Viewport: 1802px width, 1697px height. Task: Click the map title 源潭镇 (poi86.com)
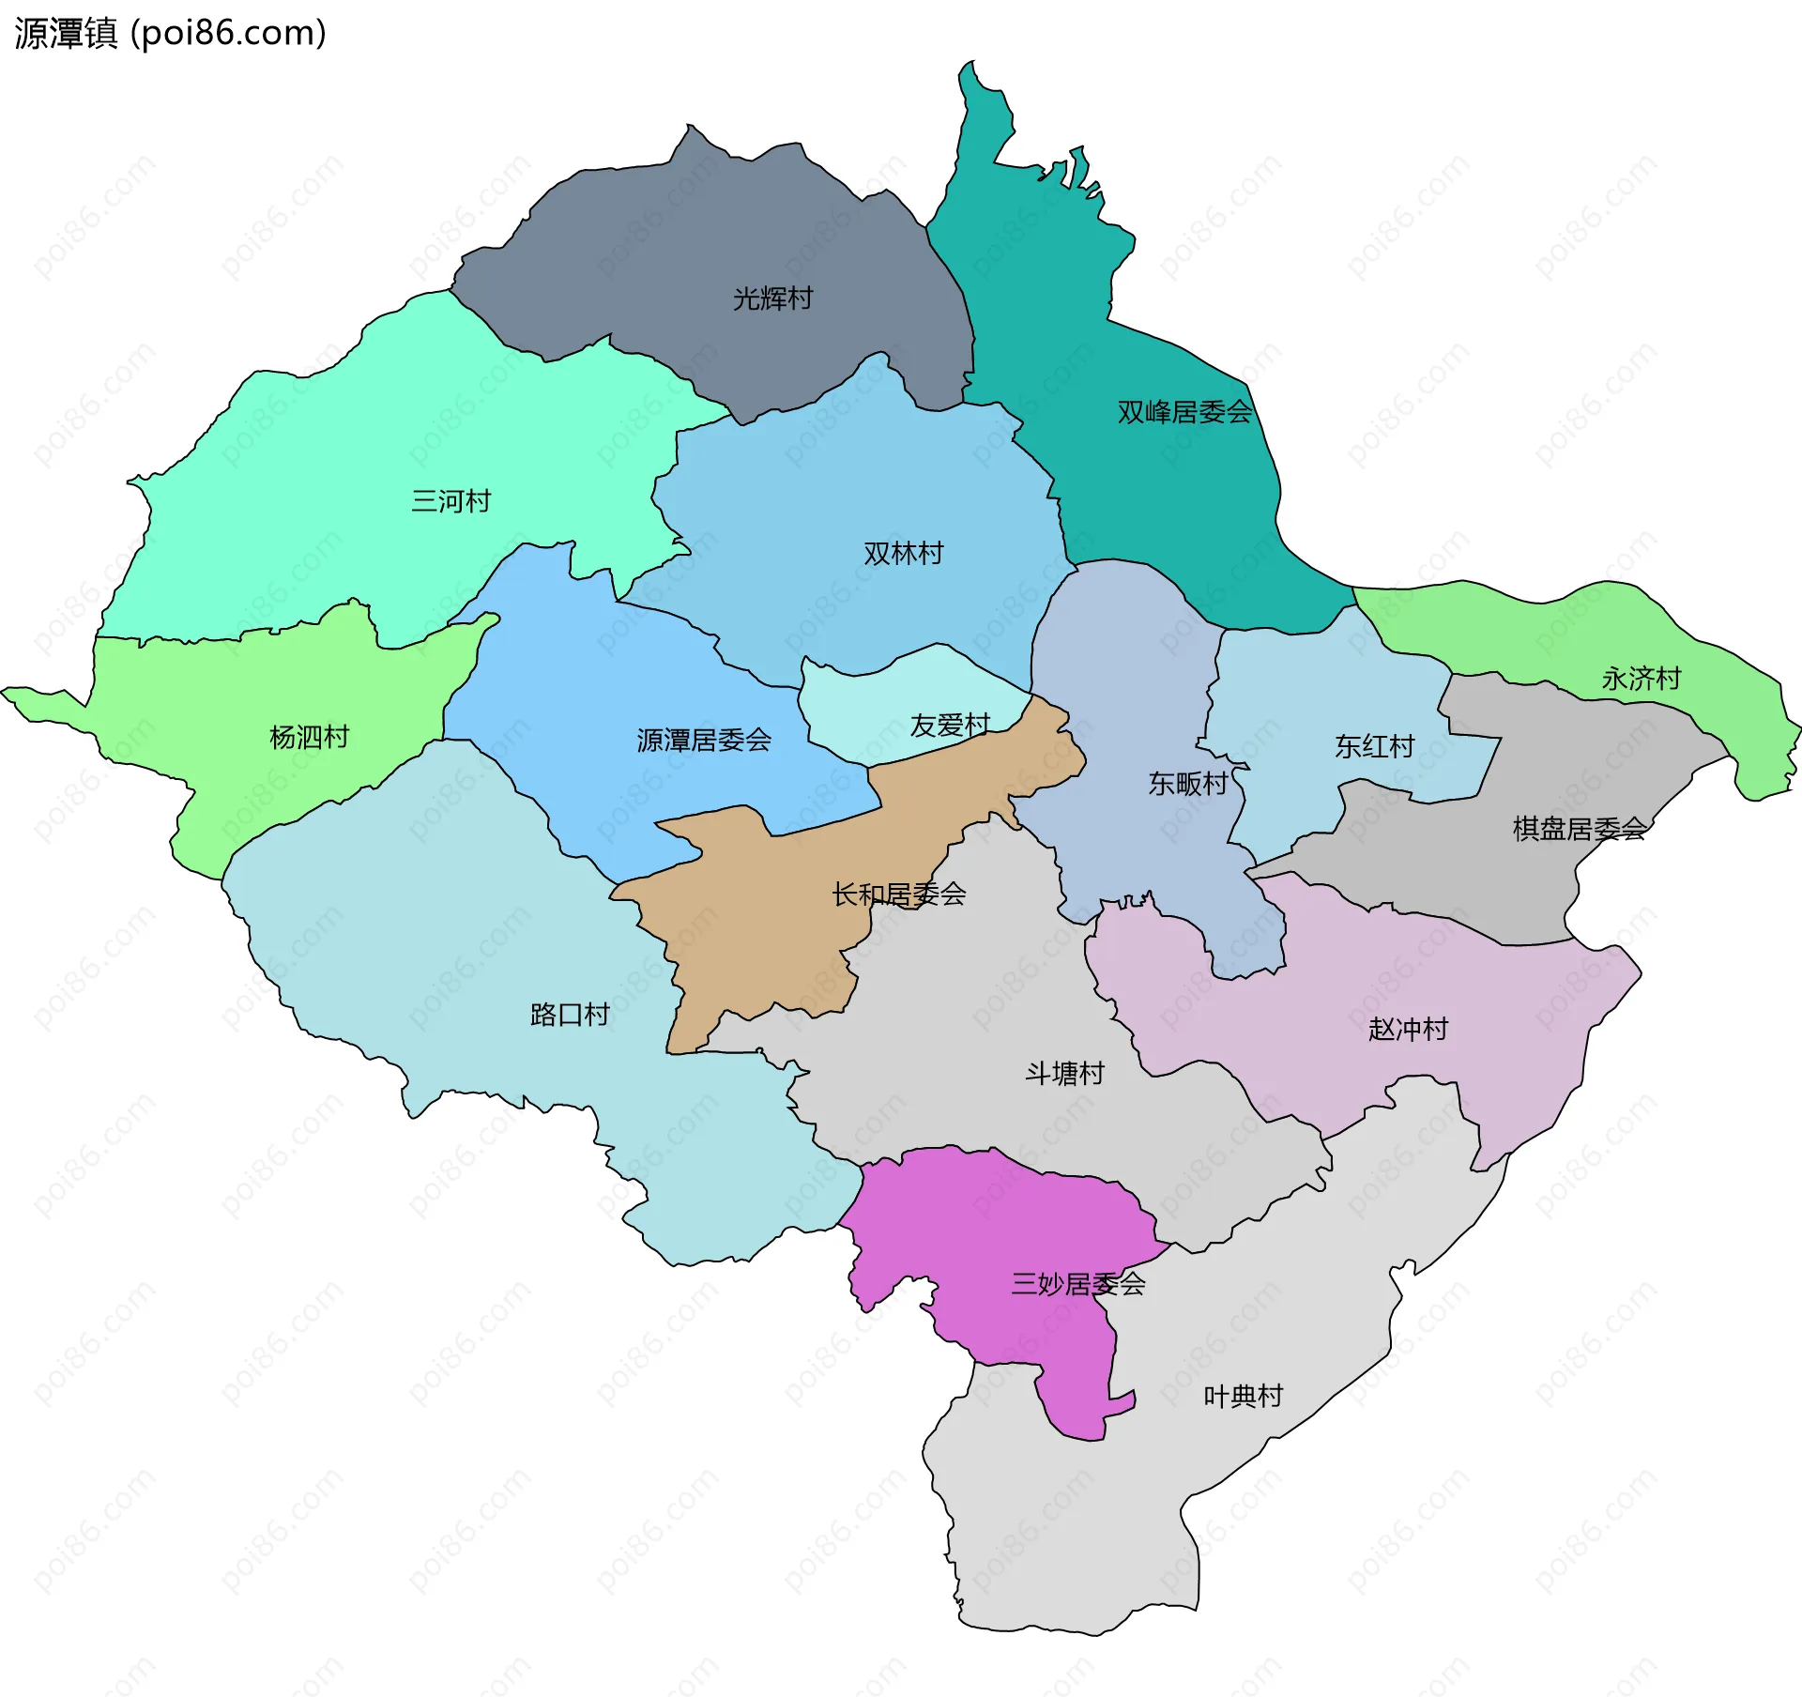pyautogui.click(x=170, y=34)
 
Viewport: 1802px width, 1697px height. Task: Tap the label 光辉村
pyautogui.click(x=772, y=298)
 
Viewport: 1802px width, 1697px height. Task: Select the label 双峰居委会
pyautogui.click(x=1184, y=412)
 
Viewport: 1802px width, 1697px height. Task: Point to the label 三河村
pyautogui.click(x=450, y=501)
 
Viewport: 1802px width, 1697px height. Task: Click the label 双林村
pyautogui.click(x=903, y=554)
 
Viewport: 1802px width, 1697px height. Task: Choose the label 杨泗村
pyautogui.click(x=309, y=737)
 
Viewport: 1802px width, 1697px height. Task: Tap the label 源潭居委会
pyautogui.click(x=704, y=741)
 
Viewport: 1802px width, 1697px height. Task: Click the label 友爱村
pyautogui.click(x=950, y=726)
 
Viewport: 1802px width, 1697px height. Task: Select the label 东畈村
pyautogui.click(x=1187, y=784)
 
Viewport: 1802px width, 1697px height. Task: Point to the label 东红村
pyautogui.click(x=1374, y=747)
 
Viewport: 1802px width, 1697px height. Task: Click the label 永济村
pyautogui.click(x=1641, y=679)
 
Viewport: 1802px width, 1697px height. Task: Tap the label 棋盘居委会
pyautogui.click(x=1580, y=829)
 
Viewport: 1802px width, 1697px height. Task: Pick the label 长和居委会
pyautogui.click(x=898, y=894)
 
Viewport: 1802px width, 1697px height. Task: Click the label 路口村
pyautogui.click(x=570, y=1015)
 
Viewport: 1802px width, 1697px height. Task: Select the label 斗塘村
pyautogui.click(x=1064, y=1073)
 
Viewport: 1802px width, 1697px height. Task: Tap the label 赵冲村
pyautogui.click(x=1408, y=1030)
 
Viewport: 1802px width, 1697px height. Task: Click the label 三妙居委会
pyautogui.click(x=1078, y=1284)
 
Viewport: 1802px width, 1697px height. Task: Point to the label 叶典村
pyautogui.click(x=1243, y=1397)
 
